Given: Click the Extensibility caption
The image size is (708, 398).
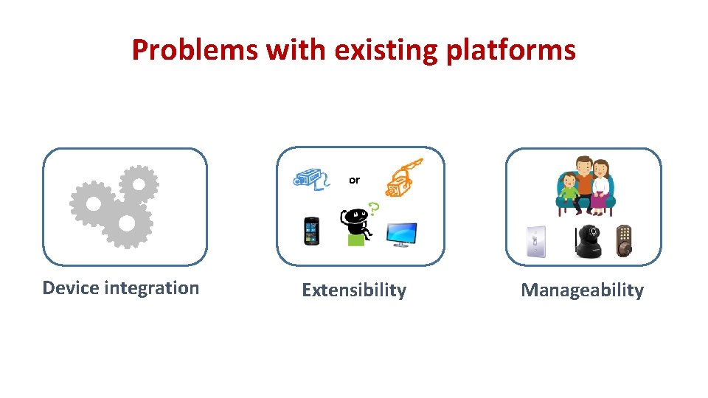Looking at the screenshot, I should pyautogui.click(x=354, y=290).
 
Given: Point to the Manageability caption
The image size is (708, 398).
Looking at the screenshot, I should pyautogui.click(x=582, y=290).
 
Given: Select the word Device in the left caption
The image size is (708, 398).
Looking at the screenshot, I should pyautogui.click(x=71, y=287).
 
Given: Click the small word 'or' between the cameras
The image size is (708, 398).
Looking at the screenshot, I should pyautogui.click(x=354, y=180).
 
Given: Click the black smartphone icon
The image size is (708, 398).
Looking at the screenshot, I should pyautogui.click(x=312, y=231).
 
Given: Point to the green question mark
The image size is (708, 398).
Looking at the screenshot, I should pyautogui.click(x=374, y=209).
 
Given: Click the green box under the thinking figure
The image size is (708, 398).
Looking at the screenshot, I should pyautogui.click(x=356, y=240).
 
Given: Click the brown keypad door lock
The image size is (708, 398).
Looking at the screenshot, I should pyautogui.click(x=625, y=240).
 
